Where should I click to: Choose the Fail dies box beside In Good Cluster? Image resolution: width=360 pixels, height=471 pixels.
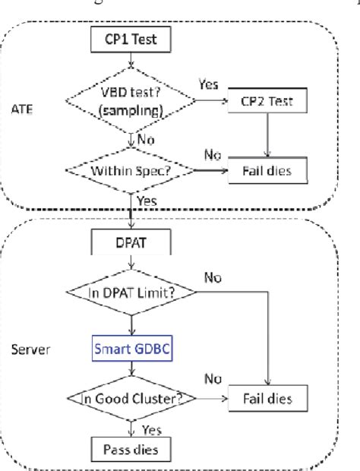267,397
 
